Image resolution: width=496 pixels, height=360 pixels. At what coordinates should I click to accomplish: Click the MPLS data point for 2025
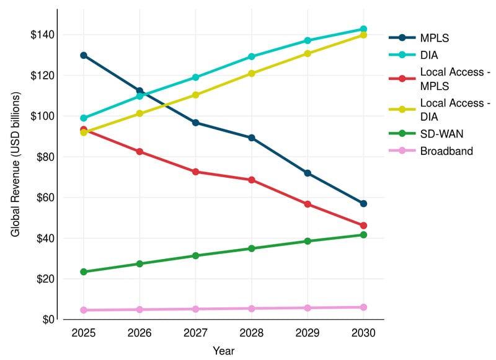[x=84, y=55]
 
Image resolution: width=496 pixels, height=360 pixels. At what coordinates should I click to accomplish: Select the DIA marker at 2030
[x=363, y=29]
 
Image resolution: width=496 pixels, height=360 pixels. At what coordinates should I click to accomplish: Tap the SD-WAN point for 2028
[x=252, y=248]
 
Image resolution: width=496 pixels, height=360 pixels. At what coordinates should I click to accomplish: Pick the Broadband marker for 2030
[x=363, y=307]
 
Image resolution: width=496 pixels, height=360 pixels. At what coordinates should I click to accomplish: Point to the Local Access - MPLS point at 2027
[x=196, y=172]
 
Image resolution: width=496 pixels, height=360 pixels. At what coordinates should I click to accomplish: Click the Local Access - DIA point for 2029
[x=308, y=54]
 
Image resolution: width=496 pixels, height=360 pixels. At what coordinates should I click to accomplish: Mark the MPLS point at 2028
[x=252, y=138]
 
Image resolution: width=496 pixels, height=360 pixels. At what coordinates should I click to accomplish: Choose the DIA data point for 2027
[x=196, y=77]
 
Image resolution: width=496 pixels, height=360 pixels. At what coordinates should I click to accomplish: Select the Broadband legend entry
[x=445, y=151]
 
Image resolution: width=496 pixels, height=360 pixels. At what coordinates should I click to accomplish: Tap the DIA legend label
[x=428, y=54]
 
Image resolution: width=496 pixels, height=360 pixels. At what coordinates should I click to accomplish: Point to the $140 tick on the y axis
[x=42, y=35]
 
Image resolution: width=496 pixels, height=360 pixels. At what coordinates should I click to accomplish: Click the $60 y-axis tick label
[x=44, y=198]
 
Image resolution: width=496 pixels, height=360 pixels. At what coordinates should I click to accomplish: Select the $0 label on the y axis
[x=46, y=320]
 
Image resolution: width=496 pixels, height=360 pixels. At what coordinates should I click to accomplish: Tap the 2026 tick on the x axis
[x=139, y=333]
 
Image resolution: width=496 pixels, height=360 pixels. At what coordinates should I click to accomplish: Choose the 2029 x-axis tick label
[x=308, y=333]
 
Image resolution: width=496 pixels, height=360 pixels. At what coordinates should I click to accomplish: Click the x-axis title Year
[x=223, y=351]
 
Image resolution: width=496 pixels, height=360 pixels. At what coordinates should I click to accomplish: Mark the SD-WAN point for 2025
[x=84, y=272]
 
